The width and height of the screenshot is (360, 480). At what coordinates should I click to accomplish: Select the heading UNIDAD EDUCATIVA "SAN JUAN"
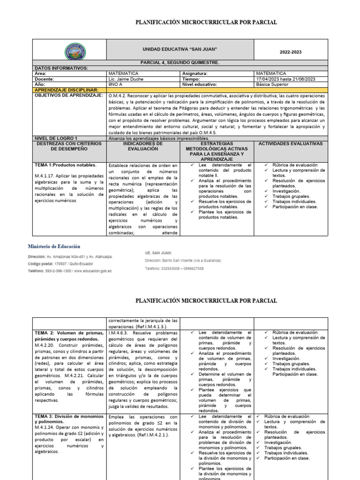(180, 49)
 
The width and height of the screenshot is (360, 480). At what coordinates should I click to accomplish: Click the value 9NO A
(115, 84)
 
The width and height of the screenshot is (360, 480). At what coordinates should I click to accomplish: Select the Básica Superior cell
(273, 84)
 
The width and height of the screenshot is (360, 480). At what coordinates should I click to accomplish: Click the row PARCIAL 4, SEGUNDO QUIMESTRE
(180, 62)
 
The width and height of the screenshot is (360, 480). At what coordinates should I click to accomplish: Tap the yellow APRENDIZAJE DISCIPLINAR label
(67, 89)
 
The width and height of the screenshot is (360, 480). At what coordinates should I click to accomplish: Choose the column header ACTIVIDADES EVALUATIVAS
(290, 143)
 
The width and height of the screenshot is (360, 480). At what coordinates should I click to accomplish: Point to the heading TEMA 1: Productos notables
(66, 165)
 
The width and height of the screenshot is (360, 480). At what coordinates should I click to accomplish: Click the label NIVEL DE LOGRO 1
(56, 138)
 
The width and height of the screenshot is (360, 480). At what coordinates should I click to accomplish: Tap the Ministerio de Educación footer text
(54, 246)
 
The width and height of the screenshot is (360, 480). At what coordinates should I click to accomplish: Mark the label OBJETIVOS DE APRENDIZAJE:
(65, 95)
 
